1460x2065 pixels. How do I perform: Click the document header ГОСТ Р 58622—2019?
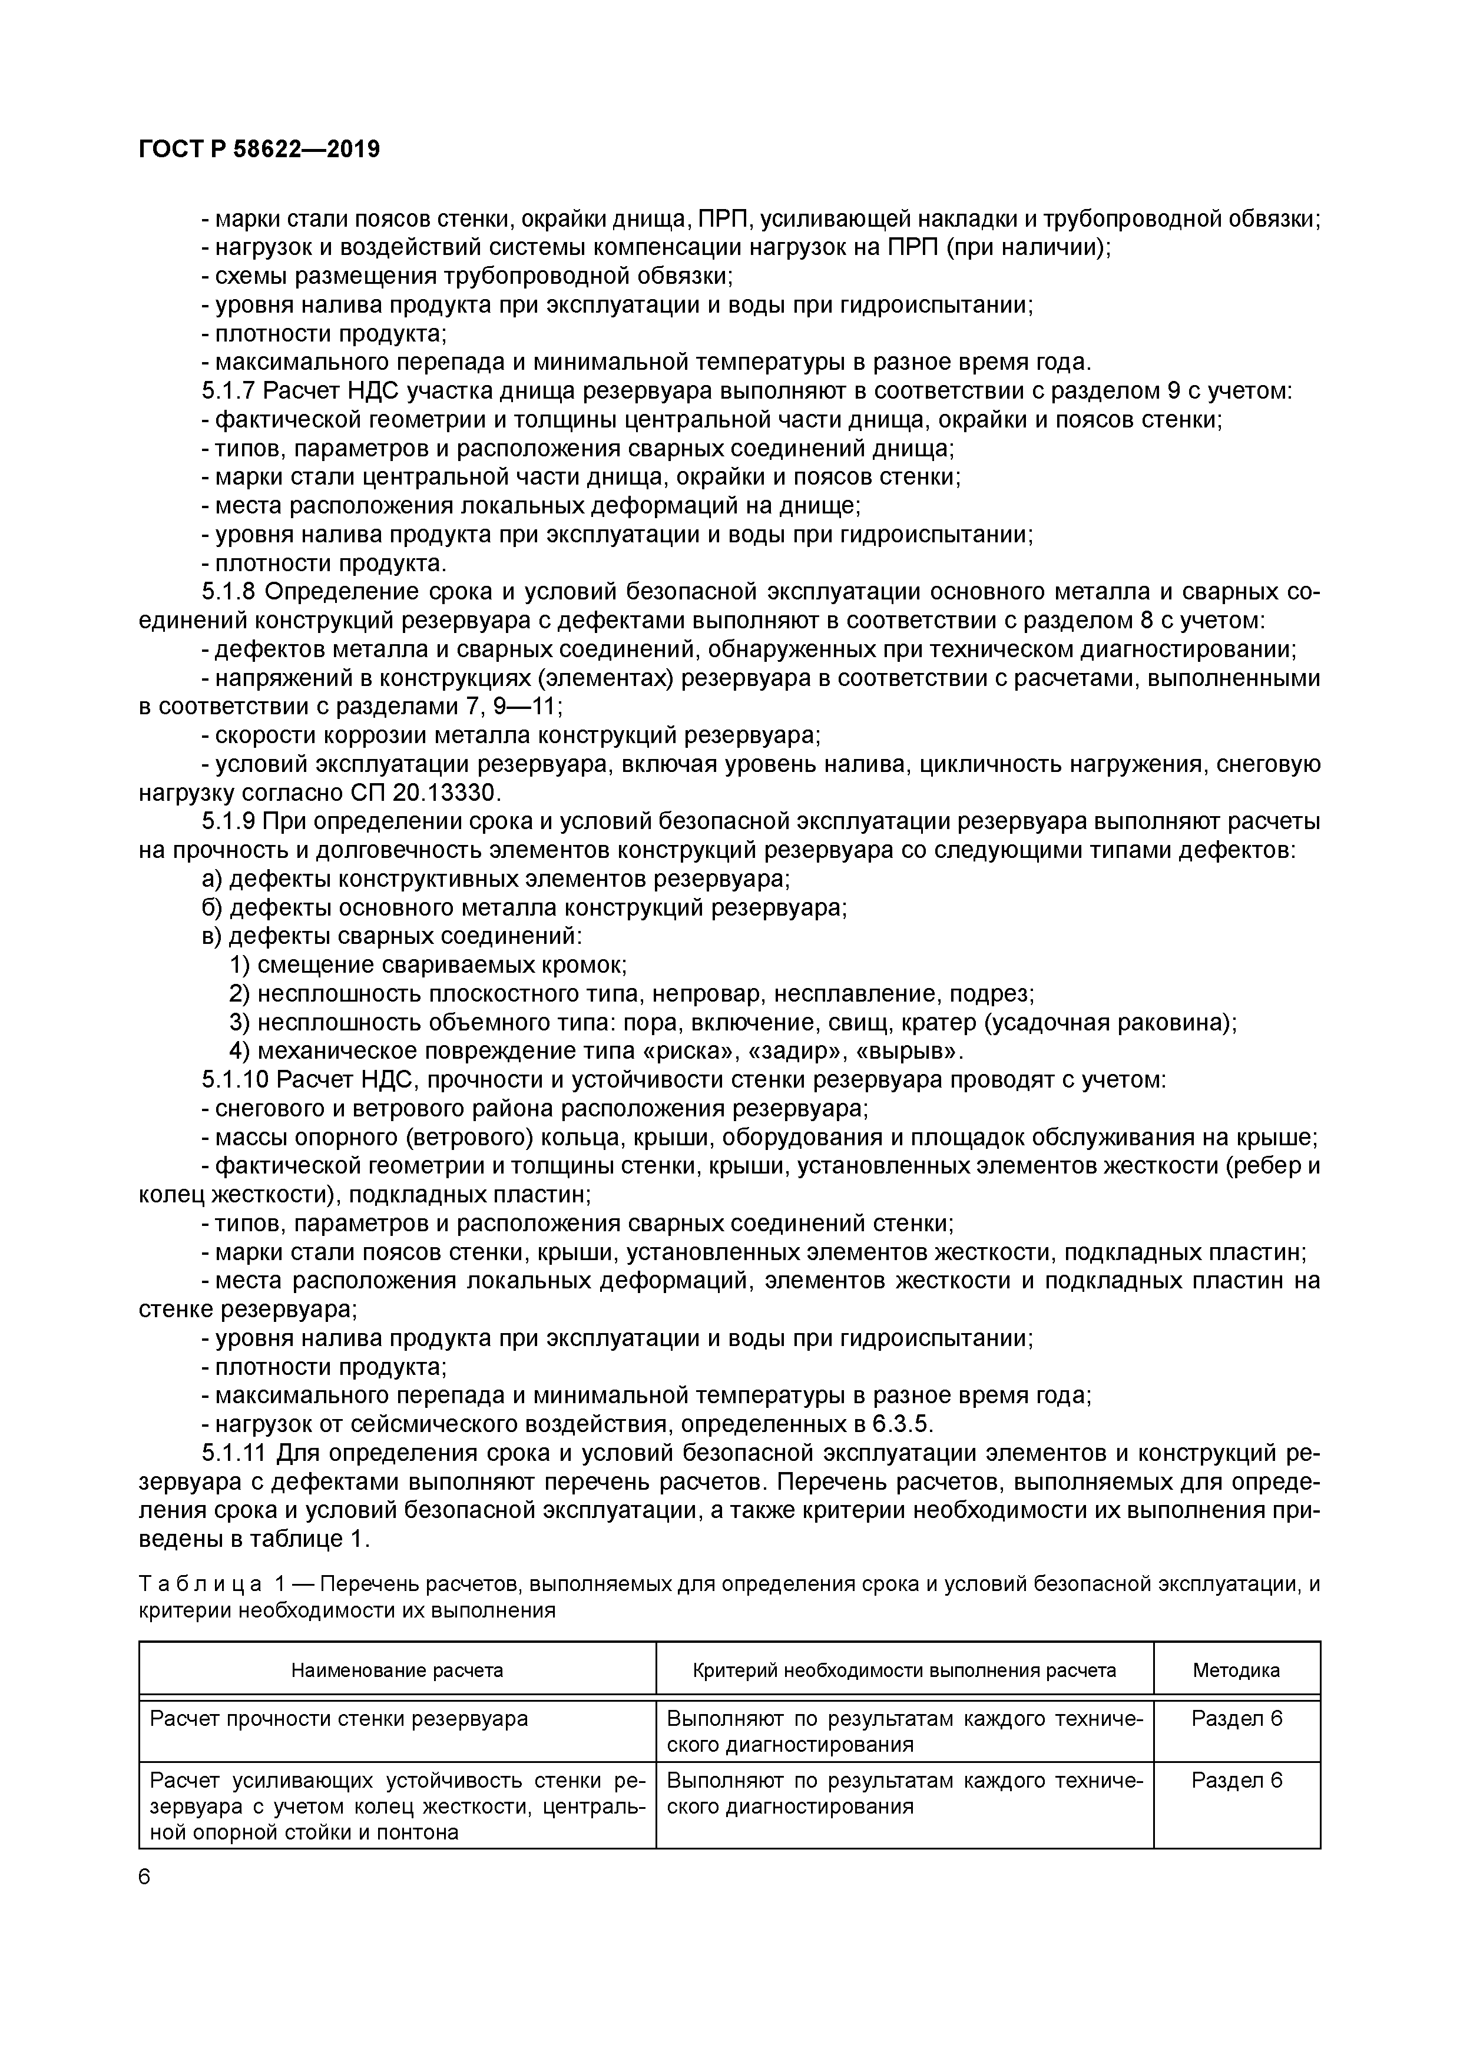(259, 150)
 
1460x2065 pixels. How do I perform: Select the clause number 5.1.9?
(229, 821)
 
